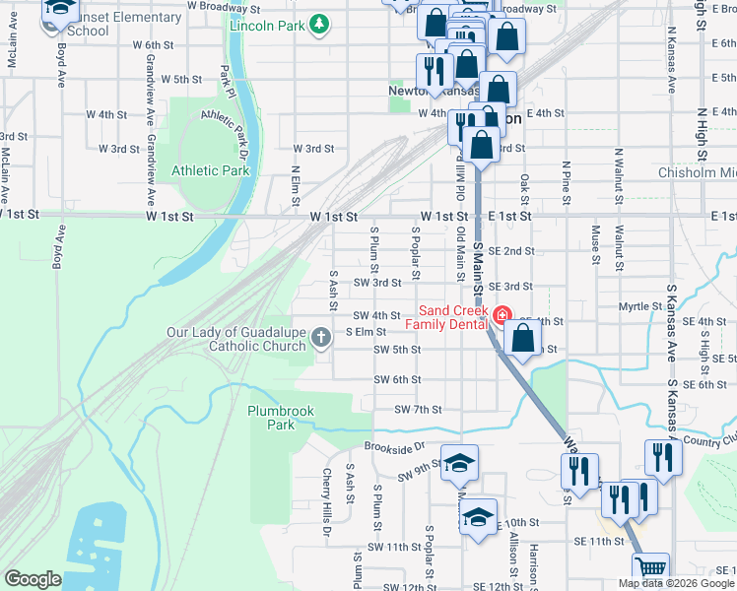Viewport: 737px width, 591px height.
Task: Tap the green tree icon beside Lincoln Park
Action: pyautogui.click(x=318, y=24)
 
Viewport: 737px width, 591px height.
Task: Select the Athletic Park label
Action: pyautogui.click(x=211, y=170)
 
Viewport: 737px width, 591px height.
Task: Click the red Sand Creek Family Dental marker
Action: pyautogui.click(x=502, y=315)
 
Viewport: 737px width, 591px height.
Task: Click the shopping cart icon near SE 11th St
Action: pyautogui.click(x=650, y=569)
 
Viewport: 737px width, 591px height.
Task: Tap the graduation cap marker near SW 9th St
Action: pyautogui.click(x=458, y=464)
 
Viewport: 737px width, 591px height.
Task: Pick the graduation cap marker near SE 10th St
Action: pyautogui.click(x=479, y=517)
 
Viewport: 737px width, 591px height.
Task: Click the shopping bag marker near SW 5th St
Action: pyautogui.click(x=522, y=339)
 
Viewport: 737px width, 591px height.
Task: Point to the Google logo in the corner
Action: pyautogui.click(x=33, y=579)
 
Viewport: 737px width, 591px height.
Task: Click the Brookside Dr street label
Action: pyautogui.click(x=392, y=446)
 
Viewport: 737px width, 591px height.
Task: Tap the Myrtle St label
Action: pyautogui.click(x=639, y=306)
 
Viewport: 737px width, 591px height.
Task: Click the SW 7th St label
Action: pyautogui.click(x=418, y=409)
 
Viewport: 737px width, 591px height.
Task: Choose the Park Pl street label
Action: pyautogui.click(x=226, y=75)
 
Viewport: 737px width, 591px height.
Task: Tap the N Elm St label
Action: pyautogui.click(x=294, y=186)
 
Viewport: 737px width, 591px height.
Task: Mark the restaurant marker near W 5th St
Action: pyautogui.click(x=434, y=69)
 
